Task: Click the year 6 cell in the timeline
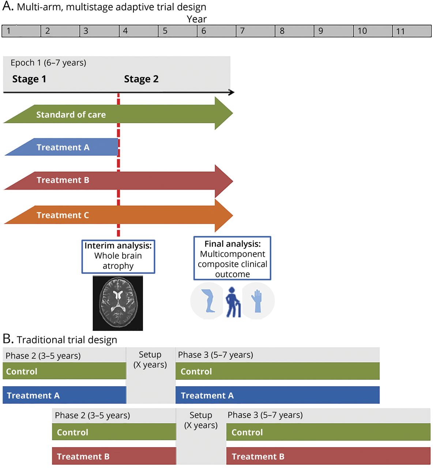216,31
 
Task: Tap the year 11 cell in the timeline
412,31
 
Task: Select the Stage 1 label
29,79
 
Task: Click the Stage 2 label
141,79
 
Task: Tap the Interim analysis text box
118,256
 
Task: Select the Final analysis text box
232,258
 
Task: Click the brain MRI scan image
118,303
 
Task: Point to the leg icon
208,301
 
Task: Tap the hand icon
257,301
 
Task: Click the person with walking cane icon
233,302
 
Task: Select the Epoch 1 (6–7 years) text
48,63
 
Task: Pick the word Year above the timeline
197,19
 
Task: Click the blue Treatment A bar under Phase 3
277,395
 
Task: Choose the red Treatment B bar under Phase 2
114,456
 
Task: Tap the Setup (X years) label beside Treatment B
201,420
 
